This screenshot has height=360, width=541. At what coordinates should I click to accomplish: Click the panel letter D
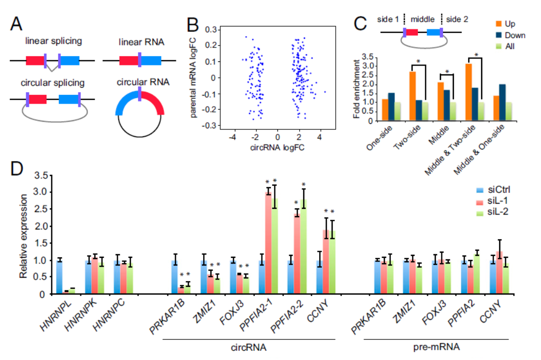point(18,169)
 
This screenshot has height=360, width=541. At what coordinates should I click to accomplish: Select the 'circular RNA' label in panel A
point(139,81)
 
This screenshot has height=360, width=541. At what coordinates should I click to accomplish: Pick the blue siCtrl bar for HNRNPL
point(59,277)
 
